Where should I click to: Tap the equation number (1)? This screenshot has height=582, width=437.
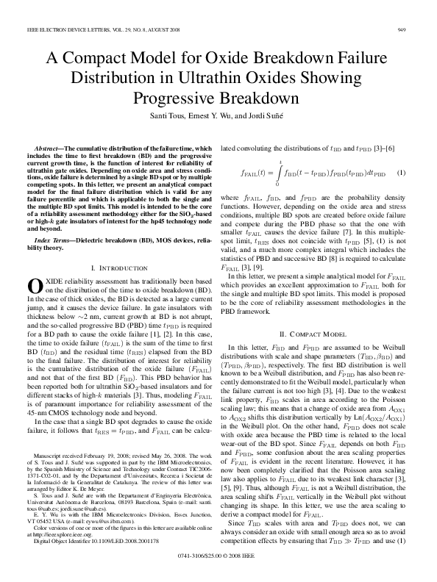(x=401, y=173)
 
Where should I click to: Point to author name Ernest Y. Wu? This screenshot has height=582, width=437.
(x=210, y=117)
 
